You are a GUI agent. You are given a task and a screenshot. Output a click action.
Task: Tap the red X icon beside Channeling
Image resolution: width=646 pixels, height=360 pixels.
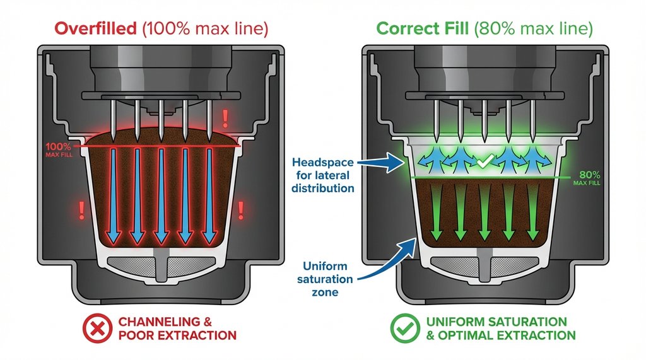click(x=98, y=328)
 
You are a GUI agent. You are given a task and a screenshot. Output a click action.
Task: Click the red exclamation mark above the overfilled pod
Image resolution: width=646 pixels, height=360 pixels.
click(x=225, y=117)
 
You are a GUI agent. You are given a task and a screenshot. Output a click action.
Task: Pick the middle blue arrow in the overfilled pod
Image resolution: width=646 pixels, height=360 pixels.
click(x=161, y=195)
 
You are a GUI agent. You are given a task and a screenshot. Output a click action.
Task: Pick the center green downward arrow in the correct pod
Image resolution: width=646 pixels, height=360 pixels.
click(x=484, y=218)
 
